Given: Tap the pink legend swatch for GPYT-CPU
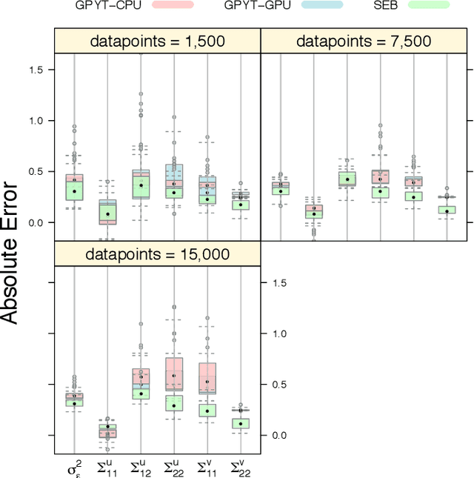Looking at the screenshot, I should coord(172,5).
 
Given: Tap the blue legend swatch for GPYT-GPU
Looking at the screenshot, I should coord(322,5).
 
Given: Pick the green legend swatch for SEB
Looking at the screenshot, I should coord(434,5).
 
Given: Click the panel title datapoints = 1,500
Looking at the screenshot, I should coord(157,42).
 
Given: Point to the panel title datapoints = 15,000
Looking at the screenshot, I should coord(157,254).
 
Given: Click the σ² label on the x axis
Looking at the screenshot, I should coord(75,468).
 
